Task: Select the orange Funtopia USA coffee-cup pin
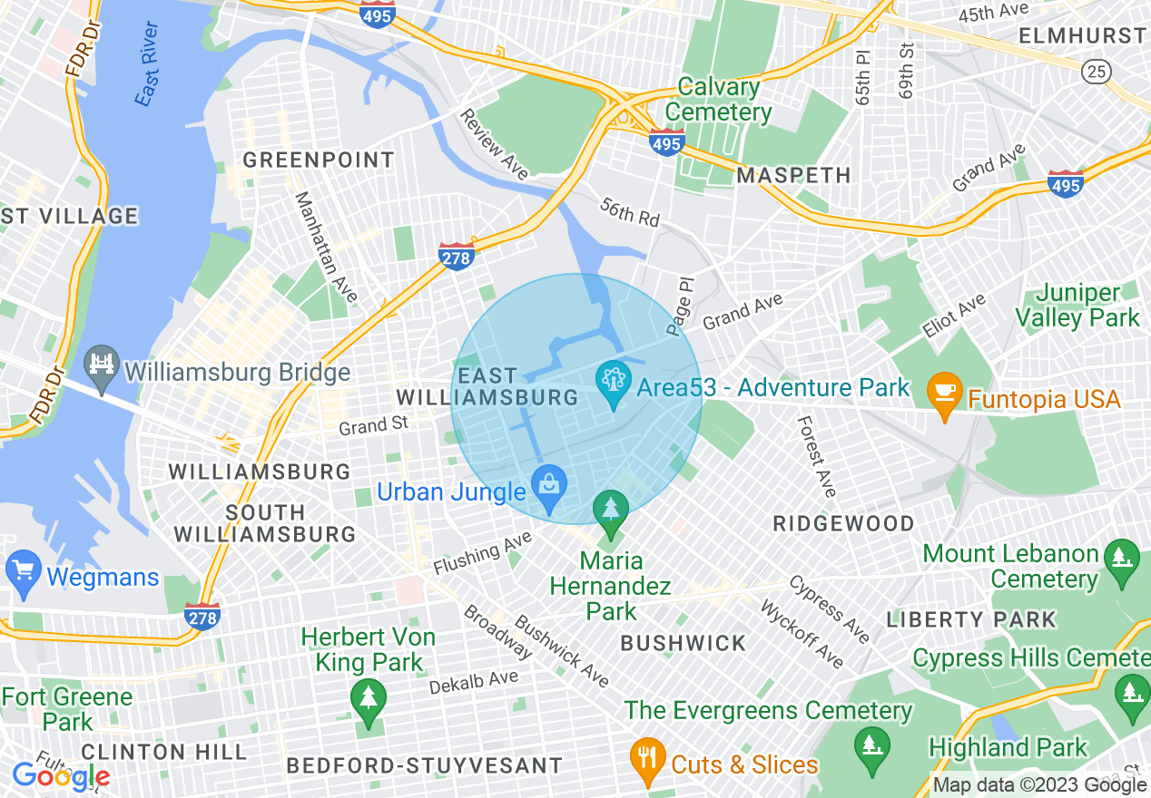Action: coord(944,395)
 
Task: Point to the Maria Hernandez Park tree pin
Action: coord(611,510)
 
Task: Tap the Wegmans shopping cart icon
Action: coord(23,572)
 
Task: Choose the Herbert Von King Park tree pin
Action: coord(368,701)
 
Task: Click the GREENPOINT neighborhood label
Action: coord(318,161)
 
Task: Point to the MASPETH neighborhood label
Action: coord(793,175)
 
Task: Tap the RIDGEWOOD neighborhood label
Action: coord(843,523)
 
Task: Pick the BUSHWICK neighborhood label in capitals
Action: coord(683,643)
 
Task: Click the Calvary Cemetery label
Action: coord(719,100)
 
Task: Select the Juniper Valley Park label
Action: coord(1077,306)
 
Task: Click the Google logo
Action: coord(60,775)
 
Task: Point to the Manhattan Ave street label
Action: coord(326,247)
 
